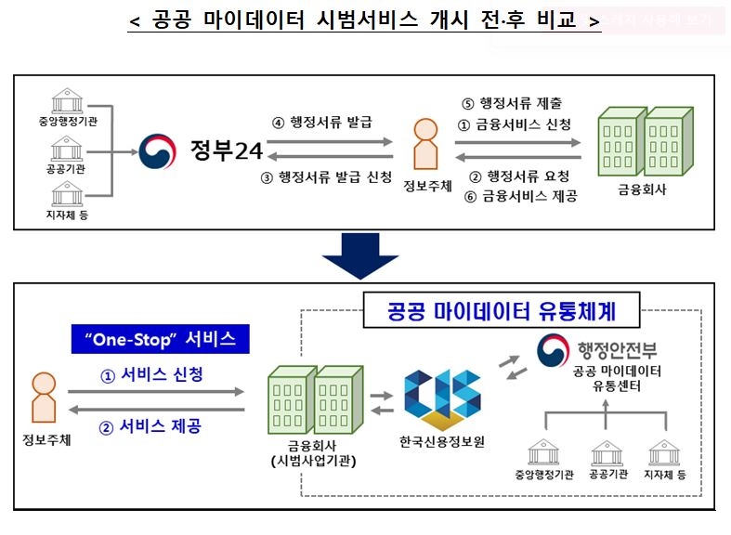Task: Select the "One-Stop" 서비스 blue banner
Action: (162, 339)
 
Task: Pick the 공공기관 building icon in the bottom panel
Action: (607, 452)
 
